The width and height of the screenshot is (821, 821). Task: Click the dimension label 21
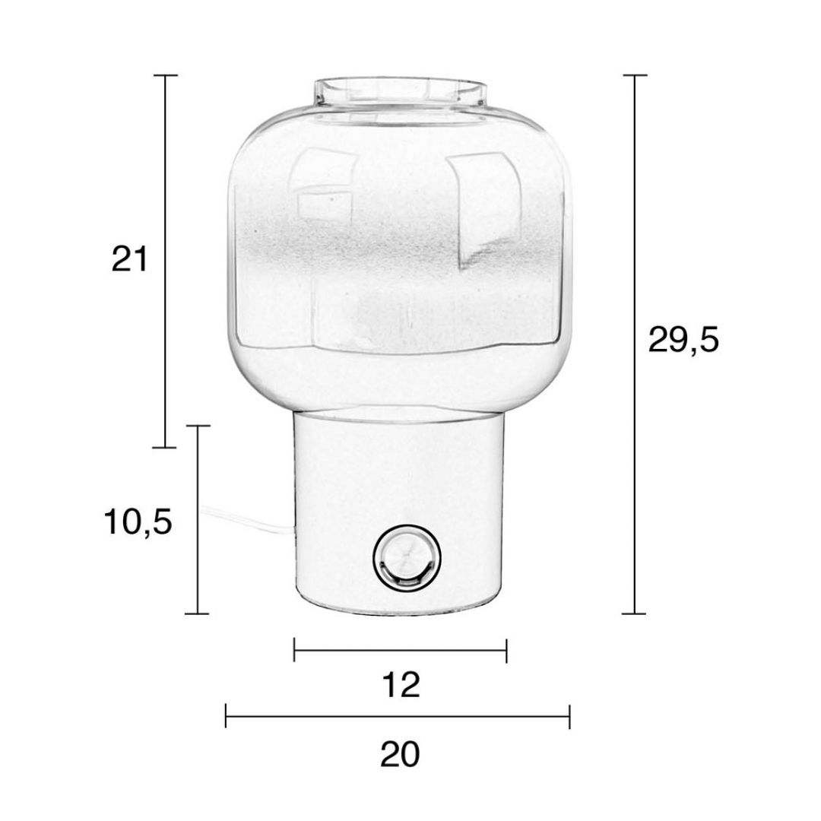[x=130, y=258]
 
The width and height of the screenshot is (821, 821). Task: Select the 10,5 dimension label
[x=138, y=521]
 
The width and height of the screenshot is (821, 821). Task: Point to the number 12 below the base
[x=401, y=686]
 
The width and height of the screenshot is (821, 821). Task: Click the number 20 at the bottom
[x=400, y=755]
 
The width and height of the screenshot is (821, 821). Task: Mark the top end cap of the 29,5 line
[x=635, y=75]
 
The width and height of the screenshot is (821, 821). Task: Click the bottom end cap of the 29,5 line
[x=634, y=613]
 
